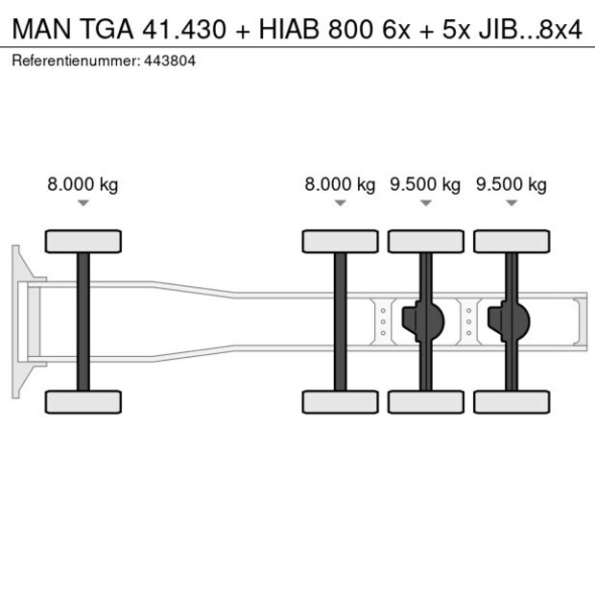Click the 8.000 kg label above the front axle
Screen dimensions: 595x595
tap(83, 185)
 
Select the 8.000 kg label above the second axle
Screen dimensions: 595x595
tap(340, 185)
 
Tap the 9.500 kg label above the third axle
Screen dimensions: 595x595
tap(425, 185)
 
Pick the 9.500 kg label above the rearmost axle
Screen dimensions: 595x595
tap(512, 185)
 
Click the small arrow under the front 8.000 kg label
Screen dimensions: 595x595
tap(83, 202)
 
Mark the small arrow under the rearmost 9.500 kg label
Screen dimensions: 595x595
tap(512, 202)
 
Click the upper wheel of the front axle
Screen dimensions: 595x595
tap(83, 241)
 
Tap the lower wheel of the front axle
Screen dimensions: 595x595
tap(83, 401)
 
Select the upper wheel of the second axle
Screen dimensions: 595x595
tap(340, 241)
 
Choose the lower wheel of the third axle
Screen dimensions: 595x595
tap(425, 401)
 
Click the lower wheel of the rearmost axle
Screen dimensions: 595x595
tap(512, 401)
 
